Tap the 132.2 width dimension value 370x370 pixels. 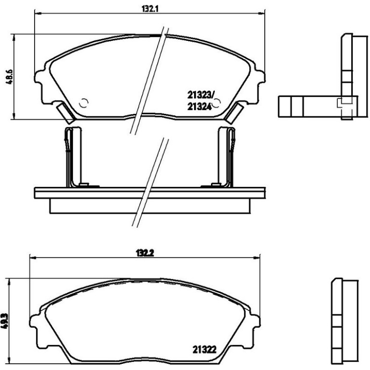click(145, 253)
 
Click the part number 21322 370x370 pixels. click(205, 349)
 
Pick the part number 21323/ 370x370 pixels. click(200, 95)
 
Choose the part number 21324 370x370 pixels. click(199, 107)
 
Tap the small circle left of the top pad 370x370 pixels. click(84, 103)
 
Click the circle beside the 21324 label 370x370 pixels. click(216, 103)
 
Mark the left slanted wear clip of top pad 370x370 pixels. click(66, 113)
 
